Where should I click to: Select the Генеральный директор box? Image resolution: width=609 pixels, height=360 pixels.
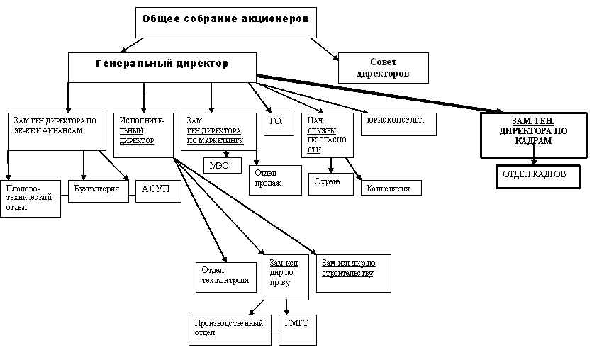pos(162,67)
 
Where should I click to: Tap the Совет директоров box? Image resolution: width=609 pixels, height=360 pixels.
pos(384,67)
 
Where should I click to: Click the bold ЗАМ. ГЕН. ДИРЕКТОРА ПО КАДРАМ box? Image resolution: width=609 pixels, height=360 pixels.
pos(533,133)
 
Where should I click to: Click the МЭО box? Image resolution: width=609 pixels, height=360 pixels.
pos(222,166)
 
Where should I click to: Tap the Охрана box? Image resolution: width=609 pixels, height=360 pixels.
pos(331,183)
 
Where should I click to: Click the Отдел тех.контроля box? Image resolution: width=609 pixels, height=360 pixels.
pos(225,277)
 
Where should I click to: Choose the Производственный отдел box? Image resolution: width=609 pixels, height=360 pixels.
pos(230,330)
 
